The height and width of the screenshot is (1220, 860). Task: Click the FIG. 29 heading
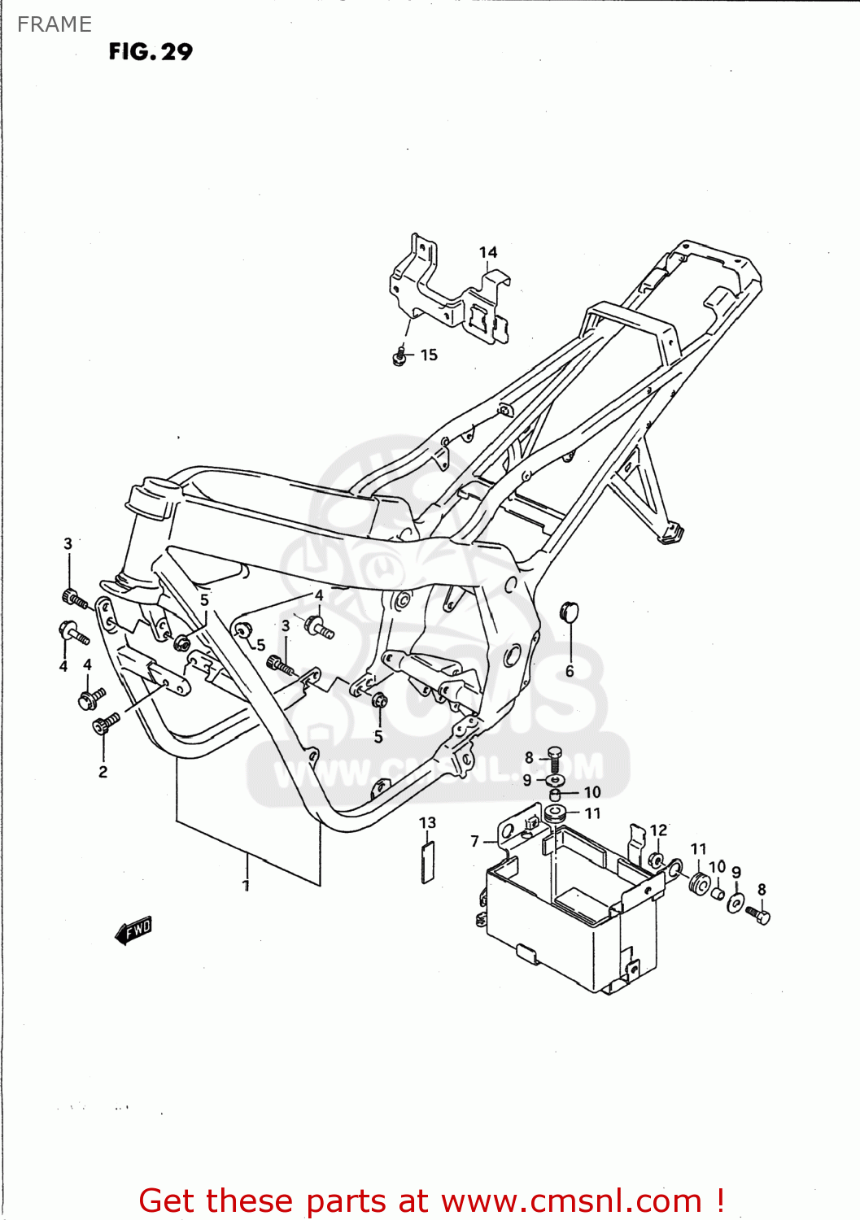[x=151, y=52]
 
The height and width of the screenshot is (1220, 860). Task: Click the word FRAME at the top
[x=55, y=24]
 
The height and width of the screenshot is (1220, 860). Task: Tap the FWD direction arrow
[x=134, y=930]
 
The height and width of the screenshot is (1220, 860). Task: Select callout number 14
[x=488, y=252]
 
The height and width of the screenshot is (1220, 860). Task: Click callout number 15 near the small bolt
[x=429, y=355]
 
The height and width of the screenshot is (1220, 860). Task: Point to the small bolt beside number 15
[x=399, y=356]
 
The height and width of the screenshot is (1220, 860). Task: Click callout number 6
[x=570, y=671]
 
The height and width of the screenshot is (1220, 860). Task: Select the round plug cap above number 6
[x=569, y=611]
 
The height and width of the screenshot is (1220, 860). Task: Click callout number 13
[x=427, y=822]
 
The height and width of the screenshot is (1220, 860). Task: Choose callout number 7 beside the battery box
[x=475, y=841]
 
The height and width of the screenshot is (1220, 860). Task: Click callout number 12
[x=658, y=830]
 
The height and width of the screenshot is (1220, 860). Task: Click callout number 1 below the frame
[x=246, y=885]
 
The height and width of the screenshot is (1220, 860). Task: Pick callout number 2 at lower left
[x=103, y=772]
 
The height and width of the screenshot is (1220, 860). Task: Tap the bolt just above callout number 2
[x=106, y=722]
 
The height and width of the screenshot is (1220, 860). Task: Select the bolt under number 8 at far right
[x=759, y=915]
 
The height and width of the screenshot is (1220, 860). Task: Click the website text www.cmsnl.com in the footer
[x=570, y=1200]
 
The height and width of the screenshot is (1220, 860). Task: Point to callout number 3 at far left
[x=68, y=543]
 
